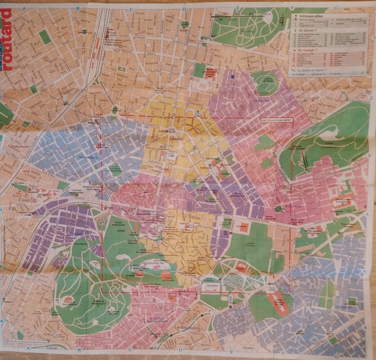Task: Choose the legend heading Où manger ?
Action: [309, 50]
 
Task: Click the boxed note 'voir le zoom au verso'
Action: [276, 121]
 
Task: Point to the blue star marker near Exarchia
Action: [232, 77]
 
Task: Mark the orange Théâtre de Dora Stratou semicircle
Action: [68, 301]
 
